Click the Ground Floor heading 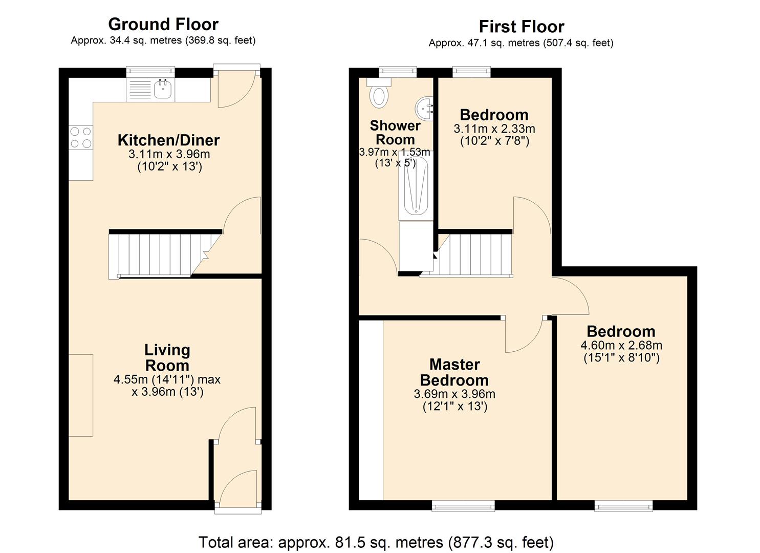pyautogui.click(x=163, y=24)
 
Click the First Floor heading pyautogui.click(x=521, y=26)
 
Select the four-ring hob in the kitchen pyautogui.click(x=81, y=138)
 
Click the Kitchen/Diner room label pyautogui.click(x=168, y=140)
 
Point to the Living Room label pyautogui.click(x=167, y=357)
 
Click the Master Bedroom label pyautogui.click(x=454, y=372)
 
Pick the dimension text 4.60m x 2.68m pyautogui.click(x=621, y=346)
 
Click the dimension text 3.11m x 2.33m pyautogui.click(x=494, y=129)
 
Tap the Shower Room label pyautogui.click(x=395, y=133)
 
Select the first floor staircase pyautogui.click(x=473, y=254)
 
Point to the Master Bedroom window pyautogui.click(x=463, y=506)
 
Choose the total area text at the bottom pyautogui.click(x=376, y=542)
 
